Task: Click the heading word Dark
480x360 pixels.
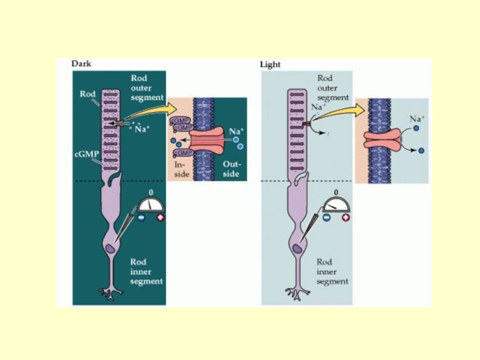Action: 82,63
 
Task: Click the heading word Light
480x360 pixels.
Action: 270,64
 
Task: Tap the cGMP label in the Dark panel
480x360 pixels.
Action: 86,154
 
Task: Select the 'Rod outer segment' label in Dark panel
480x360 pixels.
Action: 146,88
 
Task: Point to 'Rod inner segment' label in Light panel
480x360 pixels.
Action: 332,272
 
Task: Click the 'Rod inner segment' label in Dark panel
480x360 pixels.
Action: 146,272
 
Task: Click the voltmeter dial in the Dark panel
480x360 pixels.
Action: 151,203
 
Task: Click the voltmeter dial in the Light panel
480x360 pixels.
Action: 336,204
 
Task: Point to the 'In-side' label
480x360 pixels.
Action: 181,169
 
